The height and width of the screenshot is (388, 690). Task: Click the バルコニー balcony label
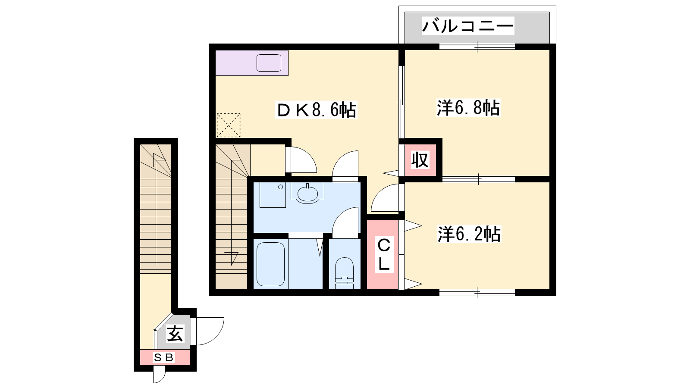click(467, 25)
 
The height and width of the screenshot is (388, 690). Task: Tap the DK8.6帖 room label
click(316, 110)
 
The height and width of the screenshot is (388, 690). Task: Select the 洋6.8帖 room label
click(468, 108)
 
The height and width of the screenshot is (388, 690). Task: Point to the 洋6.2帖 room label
click(469, 234)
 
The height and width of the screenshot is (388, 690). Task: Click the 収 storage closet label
click(420, 160)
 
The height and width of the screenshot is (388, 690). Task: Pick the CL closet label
click(384, 254)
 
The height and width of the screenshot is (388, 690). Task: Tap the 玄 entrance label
click(175, 334)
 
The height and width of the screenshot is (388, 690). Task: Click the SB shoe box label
click(164, 357)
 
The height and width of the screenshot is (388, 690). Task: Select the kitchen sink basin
click(269, 63)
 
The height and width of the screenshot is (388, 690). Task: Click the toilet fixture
click(344, 273)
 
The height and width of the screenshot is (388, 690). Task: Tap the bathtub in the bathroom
click(270, 264)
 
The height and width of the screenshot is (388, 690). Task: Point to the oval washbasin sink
click(308, 194)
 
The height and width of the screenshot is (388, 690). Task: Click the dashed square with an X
click(229, 125)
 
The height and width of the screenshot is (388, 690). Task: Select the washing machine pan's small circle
click(280, 187)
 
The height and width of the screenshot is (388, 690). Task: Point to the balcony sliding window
click(477, 47)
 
